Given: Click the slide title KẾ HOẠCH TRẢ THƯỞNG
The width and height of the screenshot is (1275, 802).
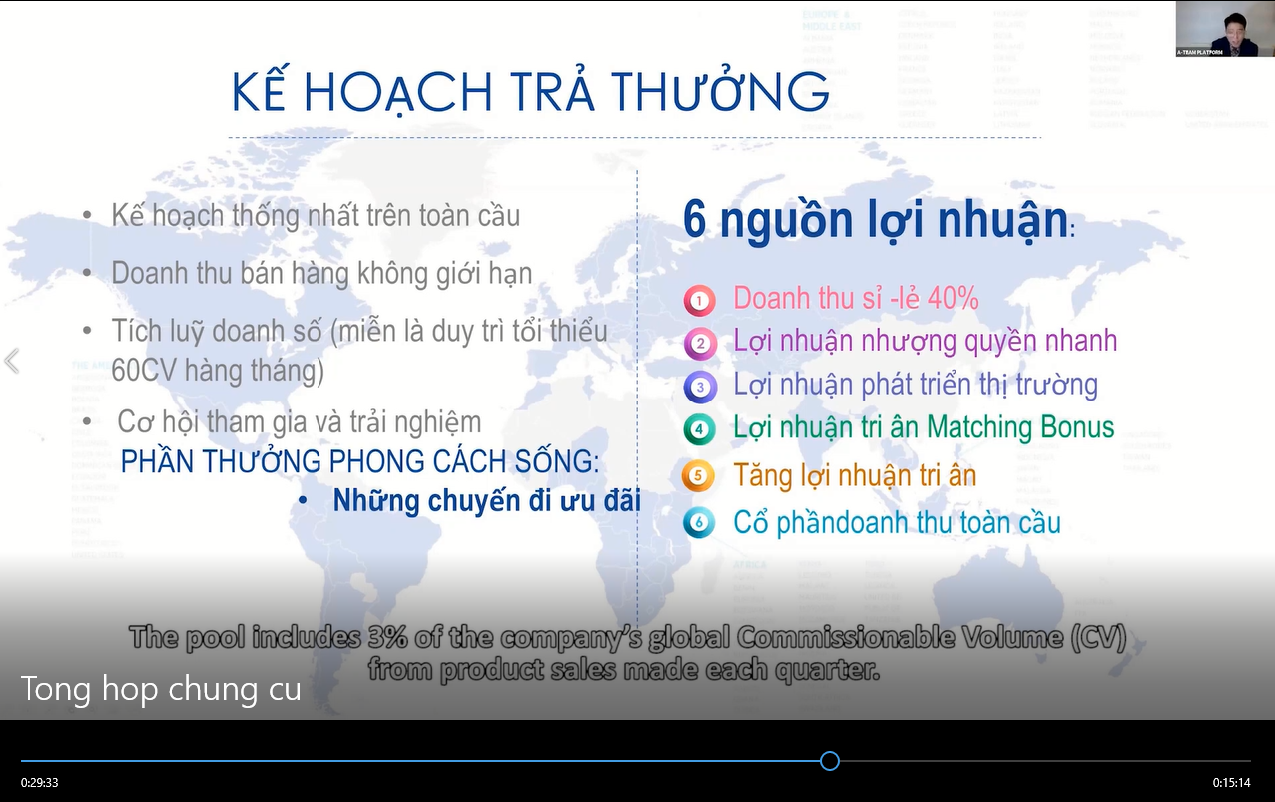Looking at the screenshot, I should coord(530,92).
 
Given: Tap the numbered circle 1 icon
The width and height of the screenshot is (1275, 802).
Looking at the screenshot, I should coord(699,300).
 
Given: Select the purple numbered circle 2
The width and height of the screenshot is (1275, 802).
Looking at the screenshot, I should coord(699,344).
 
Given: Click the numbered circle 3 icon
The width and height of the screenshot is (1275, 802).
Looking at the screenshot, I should coord(699,387).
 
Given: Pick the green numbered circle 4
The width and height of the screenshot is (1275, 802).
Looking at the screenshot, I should coord(699,430).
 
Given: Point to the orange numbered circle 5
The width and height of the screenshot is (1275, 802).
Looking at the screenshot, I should coord(698,476).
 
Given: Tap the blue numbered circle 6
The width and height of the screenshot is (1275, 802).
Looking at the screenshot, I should coord(699,522).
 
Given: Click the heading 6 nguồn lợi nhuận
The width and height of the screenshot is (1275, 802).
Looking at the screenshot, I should coord(875,220).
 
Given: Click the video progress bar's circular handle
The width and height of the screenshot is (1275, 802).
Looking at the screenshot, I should coord(829,761).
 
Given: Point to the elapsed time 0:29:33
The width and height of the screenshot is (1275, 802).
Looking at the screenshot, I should coord(39,783).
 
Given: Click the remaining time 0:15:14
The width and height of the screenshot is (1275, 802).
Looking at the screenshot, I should coord(1231,783).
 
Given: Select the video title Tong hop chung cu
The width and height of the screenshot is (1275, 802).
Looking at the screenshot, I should coord(161,689).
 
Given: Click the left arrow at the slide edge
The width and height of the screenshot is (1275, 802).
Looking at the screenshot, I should coord(12,361).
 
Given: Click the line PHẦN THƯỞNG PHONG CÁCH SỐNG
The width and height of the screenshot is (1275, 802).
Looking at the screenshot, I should coord(360,462).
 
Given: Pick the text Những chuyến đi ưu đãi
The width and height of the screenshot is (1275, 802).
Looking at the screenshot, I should coord(486,501).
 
